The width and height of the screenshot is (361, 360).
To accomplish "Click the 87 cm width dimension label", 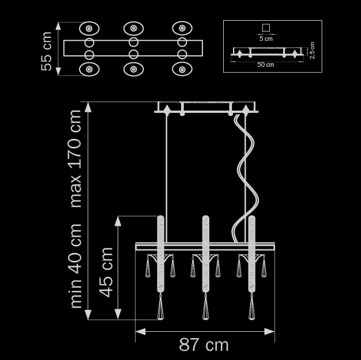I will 204,345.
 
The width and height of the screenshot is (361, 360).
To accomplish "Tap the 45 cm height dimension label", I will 106,272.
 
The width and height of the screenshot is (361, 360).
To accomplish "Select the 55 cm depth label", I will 47,51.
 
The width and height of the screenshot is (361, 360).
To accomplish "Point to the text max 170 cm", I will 76,158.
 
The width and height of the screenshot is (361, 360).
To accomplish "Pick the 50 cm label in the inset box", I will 266,65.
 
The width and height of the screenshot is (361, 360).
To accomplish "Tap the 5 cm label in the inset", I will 266,39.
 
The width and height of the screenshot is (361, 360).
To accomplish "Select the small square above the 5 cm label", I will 266,28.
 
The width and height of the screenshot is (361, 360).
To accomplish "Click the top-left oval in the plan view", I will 89,28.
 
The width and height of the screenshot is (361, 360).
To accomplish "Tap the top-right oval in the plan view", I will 182,28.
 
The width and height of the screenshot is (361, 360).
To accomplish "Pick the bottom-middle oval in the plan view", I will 133,69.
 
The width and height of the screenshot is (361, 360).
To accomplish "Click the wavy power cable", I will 245,173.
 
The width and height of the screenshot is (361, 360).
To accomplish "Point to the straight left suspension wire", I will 167,167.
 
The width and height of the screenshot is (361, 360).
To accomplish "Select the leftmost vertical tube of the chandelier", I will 161,253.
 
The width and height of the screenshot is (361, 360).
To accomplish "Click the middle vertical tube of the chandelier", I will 205,253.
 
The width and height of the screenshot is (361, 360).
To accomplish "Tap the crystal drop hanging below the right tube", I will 251,308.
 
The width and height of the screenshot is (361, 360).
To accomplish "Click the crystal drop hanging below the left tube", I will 161,308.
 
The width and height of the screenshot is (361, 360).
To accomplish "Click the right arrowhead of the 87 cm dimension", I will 271,331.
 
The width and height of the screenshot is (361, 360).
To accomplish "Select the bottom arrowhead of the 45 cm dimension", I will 118,316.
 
